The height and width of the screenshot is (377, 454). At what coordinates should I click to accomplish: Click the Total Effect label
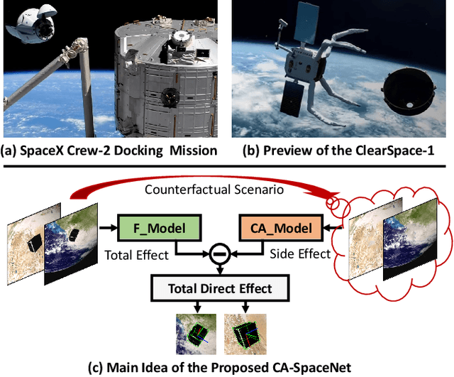(x=135, y=253)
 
